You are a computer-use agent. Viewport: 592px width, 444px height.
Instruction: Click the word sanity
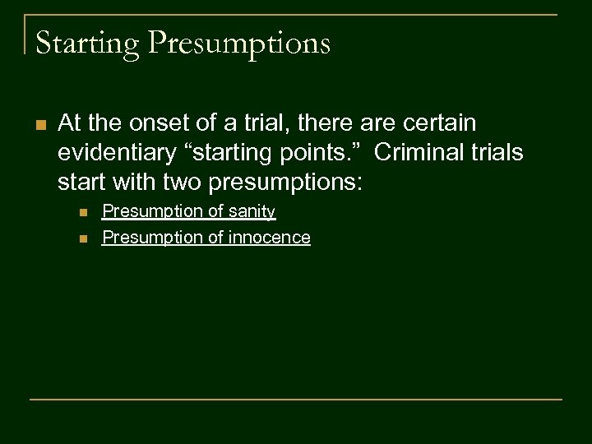coord(252,212)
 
